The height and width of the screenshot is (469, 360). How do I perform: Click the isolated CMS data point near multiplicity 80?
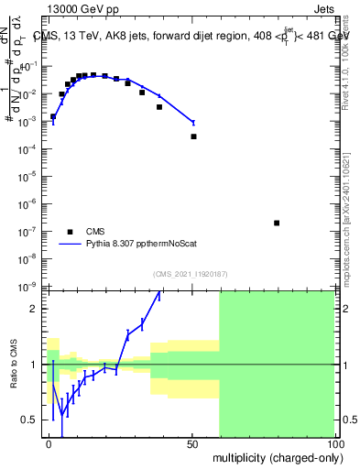(277, 223)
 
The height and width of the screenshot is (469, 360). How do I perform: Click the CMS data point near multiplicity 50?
(193, 136)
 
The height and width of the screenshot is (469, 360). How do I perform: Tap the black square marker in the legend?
(71, 232)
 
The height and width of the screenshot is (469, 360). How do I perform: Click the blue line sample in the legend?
(71, 245)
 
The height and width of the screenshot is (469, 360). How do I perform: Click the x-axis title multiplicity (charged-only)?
(274, 456)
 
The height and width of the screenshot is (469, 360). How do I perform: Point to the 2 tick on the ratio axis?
(34, 309)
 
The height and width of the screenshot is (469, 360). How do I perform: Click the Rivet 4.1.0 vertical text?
(352, 46)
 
